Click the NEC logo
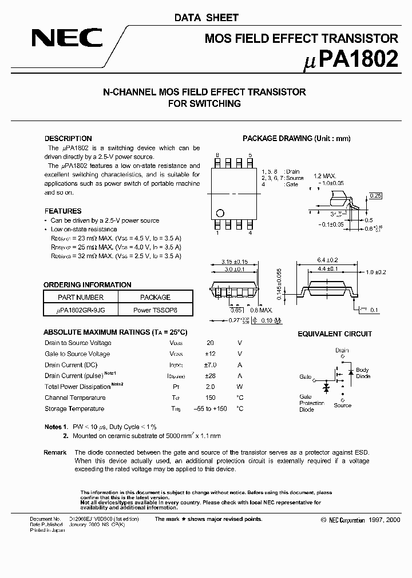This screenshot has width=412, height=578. tap(67, 39)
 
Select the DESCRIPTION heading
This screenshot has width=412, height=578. tap(68, 138)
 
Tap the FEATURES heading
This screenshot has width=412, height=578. tap(63, 211)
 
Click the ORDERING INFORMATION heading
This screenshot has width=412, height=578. tap(88, 284)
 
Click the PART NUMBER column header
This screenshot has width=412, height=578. tap(81, 297)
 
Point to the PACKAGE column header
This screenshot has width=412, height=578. tap(156, 297)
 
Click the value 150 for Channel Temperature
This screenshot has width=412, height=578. tap(210, 398)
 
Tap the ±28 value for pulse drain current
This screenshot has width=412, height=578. tap(210, 376)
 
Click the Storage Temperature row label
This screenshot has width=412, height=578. tap(74, 408)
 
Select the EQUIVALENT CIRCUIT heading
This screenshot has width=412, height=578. tap(335, 334)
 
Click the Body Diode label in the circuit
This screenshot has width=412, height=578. tap(363, 373)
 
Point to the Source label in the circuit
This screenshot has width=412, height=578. tap(342, 405)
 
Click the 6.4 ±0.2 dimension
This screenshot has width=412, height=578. tap(324, 259)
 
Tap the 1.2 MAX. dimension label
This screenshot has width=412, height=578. tap(324, 176)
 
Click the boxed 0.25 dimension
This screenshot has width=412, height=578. tap(375, 196)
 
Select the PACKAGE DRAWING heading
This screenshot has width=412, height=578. tap(296, 138)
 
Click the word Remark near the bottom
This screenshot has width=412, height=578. tap(55, 452)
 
